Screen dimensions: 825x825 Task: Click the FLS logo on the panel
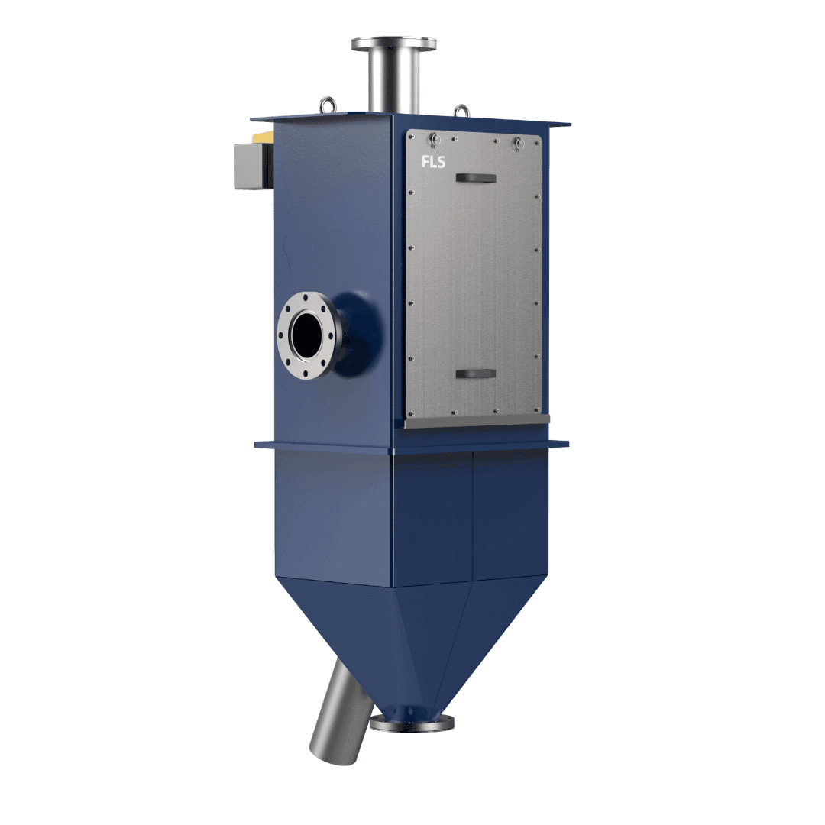coord(433,161)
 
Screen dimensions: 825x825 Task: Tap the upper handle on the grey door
coord(476,178)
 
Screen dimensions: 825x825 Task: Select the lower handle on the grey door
coord(476,374)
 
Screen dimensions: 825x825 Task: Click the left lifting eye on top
coord(327,105)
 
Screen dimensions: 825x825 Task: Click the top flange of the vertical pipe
coord(393,43)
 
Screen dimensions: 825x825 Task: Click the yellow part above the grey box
coord(263,137)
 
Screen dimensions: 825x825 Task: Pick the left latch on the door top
coord(435,141)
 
